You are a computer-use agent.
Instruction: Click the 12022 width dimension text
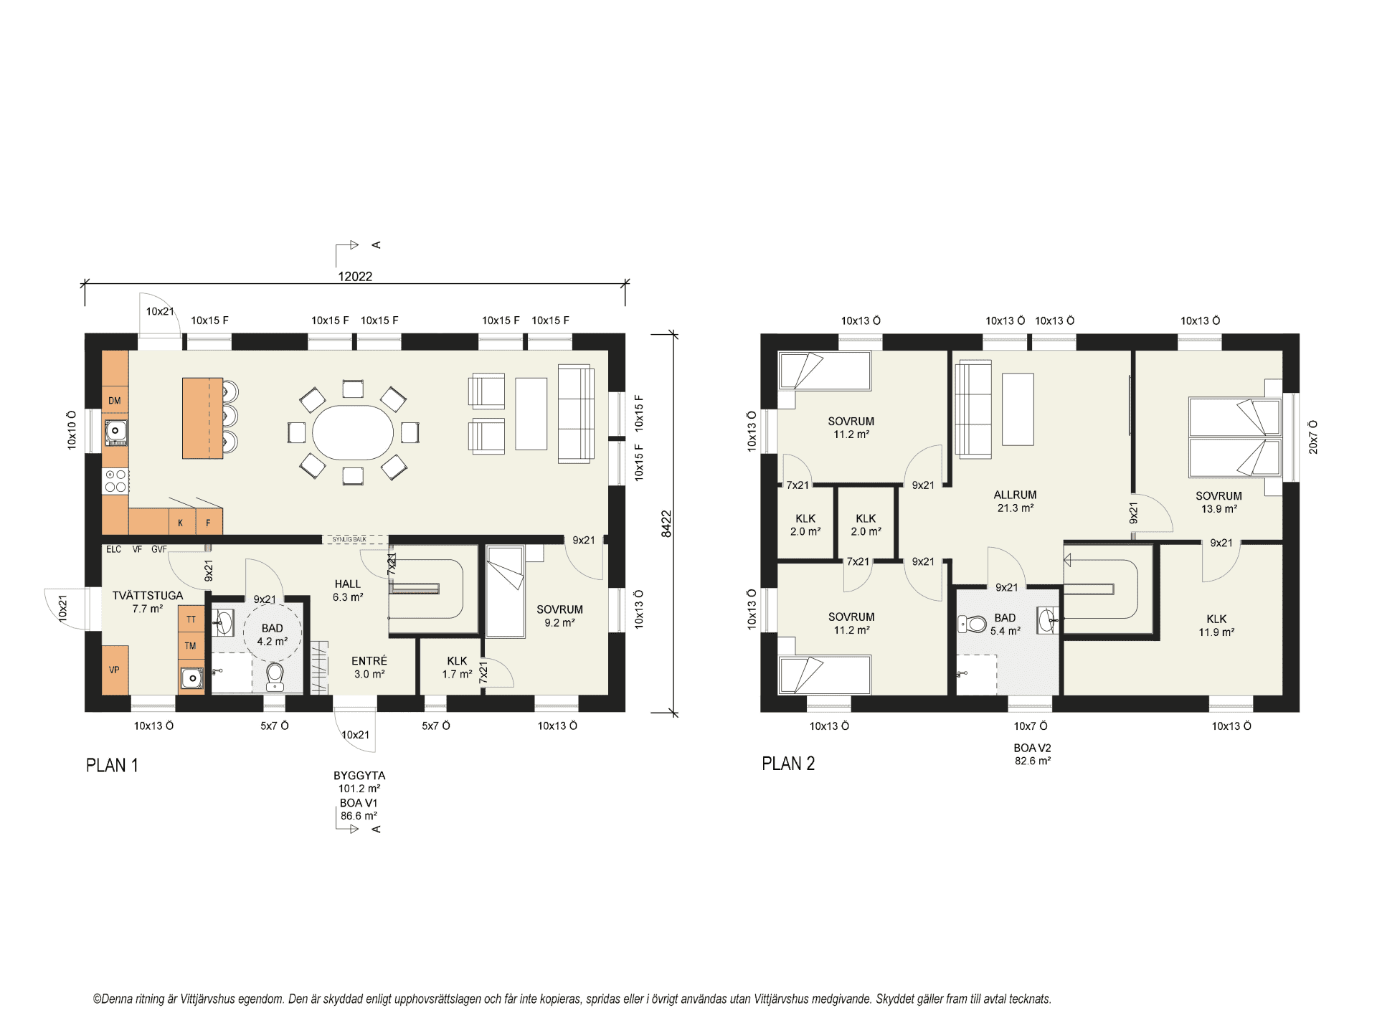355,277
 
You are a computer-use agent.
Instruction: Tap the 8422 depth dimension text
666,523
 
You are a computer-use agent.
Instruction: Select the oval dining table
353,433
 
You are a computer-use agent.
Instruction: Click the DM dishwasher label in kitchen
115,401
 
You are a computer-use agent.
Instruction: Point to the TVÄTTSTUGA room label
148,596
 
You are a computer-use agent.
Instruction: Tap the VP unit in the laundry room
115,670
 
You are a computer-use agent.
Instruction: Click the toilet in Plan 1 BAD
275,676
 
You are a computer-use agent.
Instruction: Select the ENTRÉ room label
369,661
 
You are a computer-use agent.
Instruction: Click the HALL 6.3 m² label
348,591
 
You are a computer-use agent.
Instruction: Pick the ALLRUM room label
1015,495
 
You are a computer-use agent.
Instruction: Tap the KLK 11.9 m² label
1216,625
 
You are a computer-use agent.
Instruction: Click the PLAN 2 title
788,764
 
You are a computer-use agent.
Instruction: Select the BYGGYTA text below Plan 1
359,776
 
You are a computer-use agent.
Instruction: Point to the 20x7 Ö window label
1313,437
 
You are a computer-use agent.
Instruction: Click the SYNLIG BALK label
349,539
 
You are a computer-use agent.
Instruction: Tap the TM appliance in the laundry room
191,646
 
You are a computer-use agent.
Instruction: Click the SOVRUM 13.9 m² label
1219,503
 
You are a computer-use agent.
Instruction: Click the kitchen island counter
202,418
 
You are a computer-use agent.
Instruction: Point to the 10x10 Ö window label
72,430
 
